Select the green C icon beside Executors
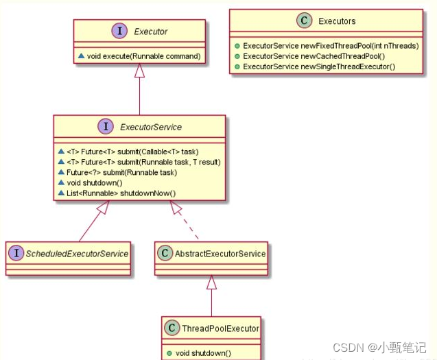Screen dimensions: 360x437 click(304, 21)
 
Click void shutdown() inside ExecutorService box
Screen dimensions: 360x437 click(97, 182)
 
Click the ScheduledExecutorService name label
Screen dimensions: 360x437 click(78, 254)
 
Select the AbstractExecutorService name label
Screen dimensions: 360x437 click(220, 254)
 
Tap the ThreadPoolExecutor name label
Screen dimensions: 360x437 click(220, 328)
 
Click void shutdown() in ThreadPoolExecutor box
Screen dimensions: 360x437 click(202, 353)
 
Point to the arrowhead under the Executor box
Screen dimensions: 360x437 click(139, 70)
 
